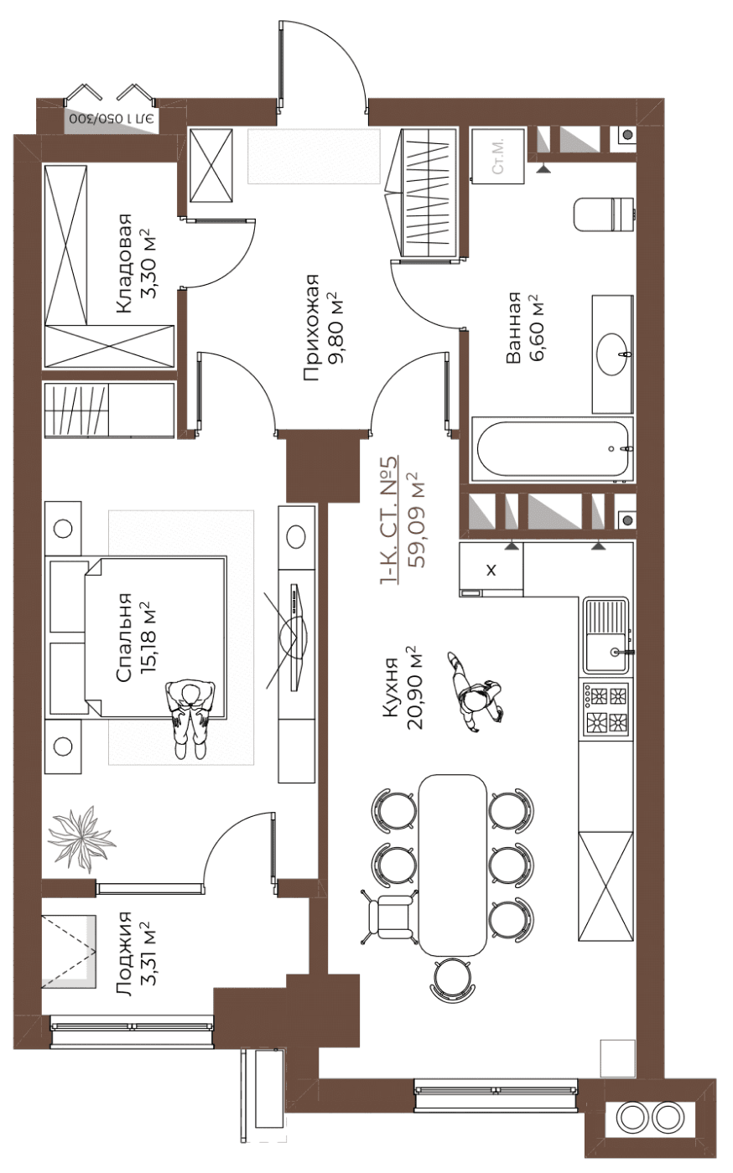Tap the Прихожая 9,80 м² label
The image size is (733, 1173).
pos(323,328)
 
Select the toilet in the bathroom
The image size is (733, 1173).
pos(606,214)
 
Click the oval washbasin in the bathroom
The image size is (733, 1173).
pos(612,354)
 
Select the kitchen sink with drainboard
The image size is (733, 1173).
pos(606,635)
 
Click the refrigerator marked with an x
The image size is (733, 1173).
pos(491,570)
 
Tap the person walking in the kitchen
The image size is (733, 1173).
pos(475,691)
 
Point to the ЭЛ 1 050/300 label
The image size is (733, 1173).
pos(112,118)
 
